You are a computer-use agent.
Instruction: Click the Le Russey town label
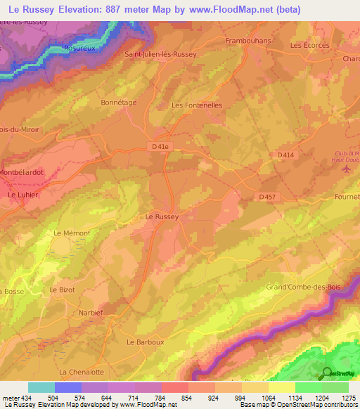(162, 218)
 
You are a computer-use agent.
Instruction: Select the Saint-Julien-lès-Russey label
(160, 53)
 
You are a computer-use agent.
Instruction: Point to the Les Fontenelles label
(197, 105)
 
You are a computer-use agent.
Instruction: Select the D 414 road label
(285, 155)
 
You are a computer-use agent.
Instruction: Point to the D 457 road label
(266, 197)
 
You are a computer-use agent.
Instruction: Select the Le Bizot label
(62, 290)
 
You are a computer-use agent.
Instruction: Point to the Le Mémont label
(71, 233)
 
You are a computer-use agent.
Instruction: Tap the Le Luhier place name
(22, 195)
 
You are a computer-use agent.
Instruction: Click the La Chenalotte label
(82, 372)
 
